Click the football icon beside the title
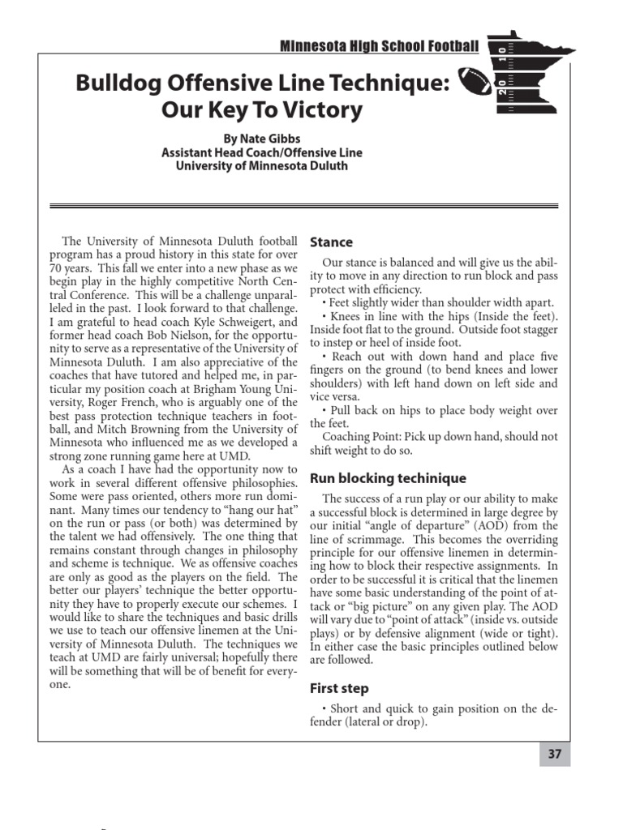[x=475, y=81]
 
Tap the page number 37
[x=555, y=754]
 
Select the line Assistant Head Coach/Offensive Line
[x=262, y=152]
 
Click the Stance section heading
[x=331, y=242]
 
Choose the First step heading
[x=339, y=688]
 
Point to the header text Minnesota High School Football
[x=379, y=45]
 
